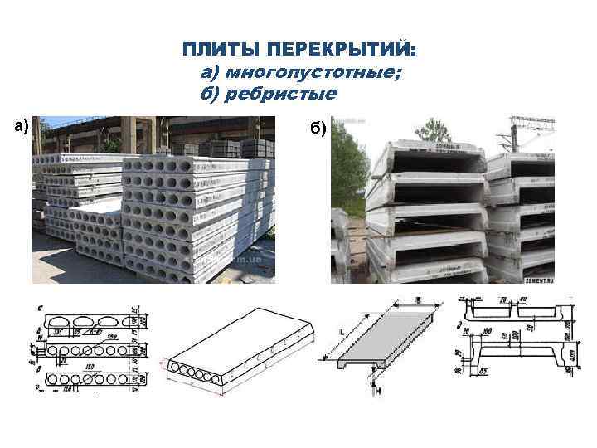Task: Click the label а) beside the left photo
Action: [x=21, y=126]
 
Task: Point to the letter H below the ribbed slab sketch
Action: [x=376, y=391]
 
